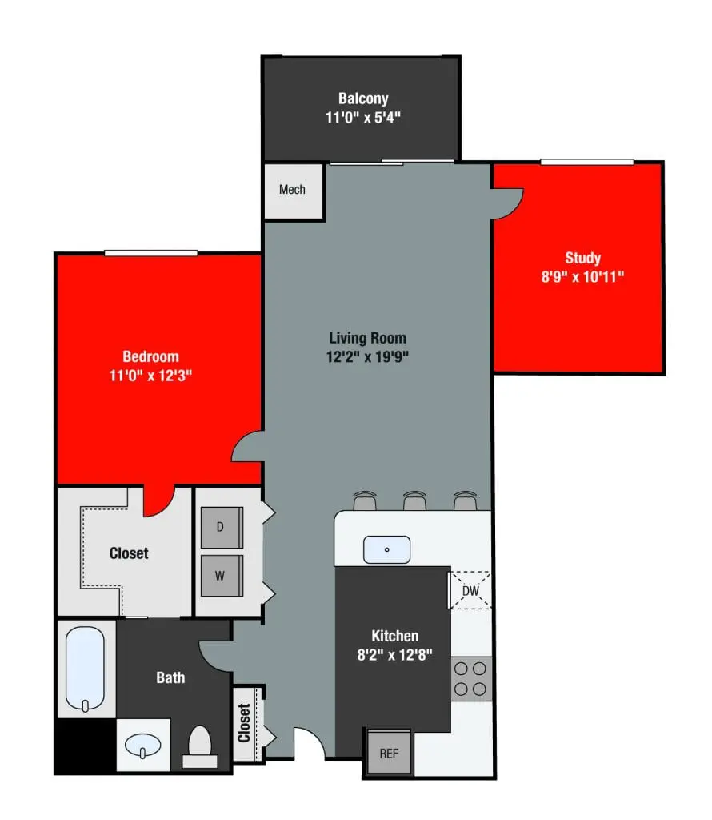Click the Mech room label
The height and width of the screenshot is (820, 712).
click(x=292, y=190)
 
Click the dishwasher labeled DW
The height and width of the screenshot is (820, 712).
click(x=470, y=591)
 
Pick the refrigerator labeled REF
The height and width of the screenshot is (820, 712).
click(x=388, y=754)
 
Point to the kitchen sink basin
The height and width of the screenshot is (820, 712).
click(x=386, y=550)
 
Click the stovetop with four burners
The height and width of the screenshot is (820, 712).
click(x=471, y=677)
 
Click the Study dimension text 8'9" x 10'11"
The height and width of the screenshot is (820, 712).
click(x=582, y=277)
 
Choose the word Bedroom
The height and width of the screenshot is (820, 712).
click(x=150, y=356)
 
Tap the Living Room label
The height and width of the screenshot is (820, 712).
click(x=368, y=338)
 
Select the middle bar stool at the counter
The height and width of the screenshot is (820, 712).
click(x=414, y=501)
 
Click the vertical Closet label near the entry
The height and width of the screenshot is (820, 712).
click(x=244, y=723)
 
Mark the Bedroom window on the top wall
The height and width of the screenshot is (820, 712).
click(x=150, y=253)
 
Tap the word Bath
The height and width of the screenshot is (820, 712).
click(x=170, y=677)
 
